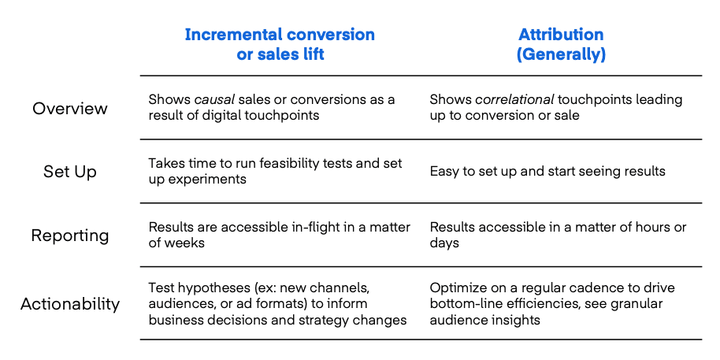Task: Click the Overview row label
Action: [x=70, y=109]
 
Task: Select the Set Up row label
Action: [x=70, y=172]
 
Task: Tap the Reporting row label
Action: [x=70, y=236]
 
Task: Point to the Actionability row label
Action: [x=70, y=304]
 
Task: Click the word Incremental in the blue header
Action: [x=232, y=35]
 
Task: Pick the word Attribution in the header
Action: [x=561, y=35]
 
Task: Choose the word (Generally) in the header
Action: [x=561, y=54]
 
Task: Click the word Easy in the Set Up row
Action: [x=443, y=172]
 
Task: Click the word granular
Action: [x=640, y=304]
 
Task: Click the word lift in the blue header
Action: [x=314, y=54]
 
